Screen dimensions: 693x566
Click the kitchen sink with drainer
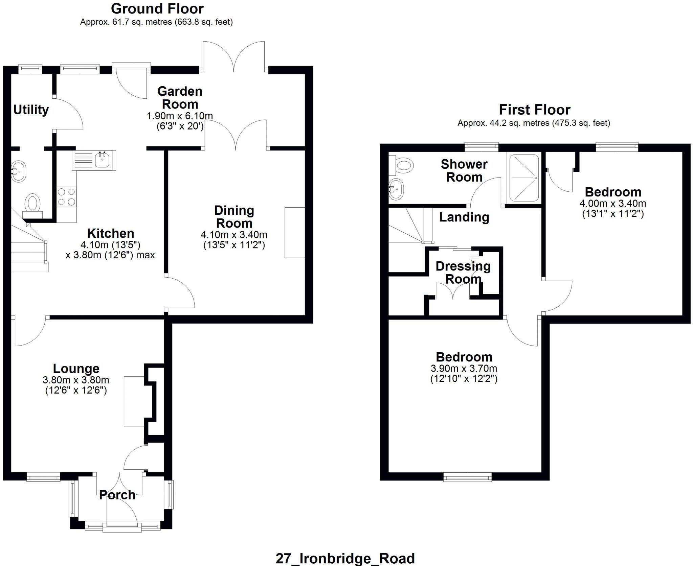(x=94, y=160)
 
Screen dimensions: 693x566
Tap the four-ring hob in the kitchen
(x=66, y=197)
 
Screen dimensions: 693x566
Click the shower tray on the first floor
(x=524, y=178)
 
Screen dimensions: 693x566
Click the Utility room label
(x=31, y=110)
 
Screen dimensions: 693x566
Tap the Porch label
(x=117, y=495)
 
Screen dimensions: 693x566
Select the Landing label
(x=464, y=217)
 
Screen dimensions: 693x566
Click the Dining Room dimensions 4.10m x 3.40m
(x=234, y=234)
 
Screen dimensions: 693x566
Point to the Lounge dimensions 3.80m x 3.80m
(x=76, y=380)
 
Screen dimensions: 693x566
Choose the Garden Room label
(x=180, y=98)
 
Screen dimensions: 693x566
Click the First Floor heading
(x=534, y=110)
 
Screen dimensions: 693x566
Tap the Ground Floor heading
(x=157, y=8)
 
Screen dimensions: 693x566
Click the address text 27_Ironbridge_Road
(x=345, y=558)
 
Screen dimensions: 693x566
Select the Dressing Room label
(x=463, y=273)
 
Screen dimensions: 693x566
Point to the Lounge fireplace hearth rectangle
(x=134, y=401)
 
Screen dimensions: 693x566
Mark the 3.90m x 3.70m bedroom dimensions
(x=464, y=368)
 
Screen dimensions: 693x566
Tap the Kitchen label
(x=111, y=233)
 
